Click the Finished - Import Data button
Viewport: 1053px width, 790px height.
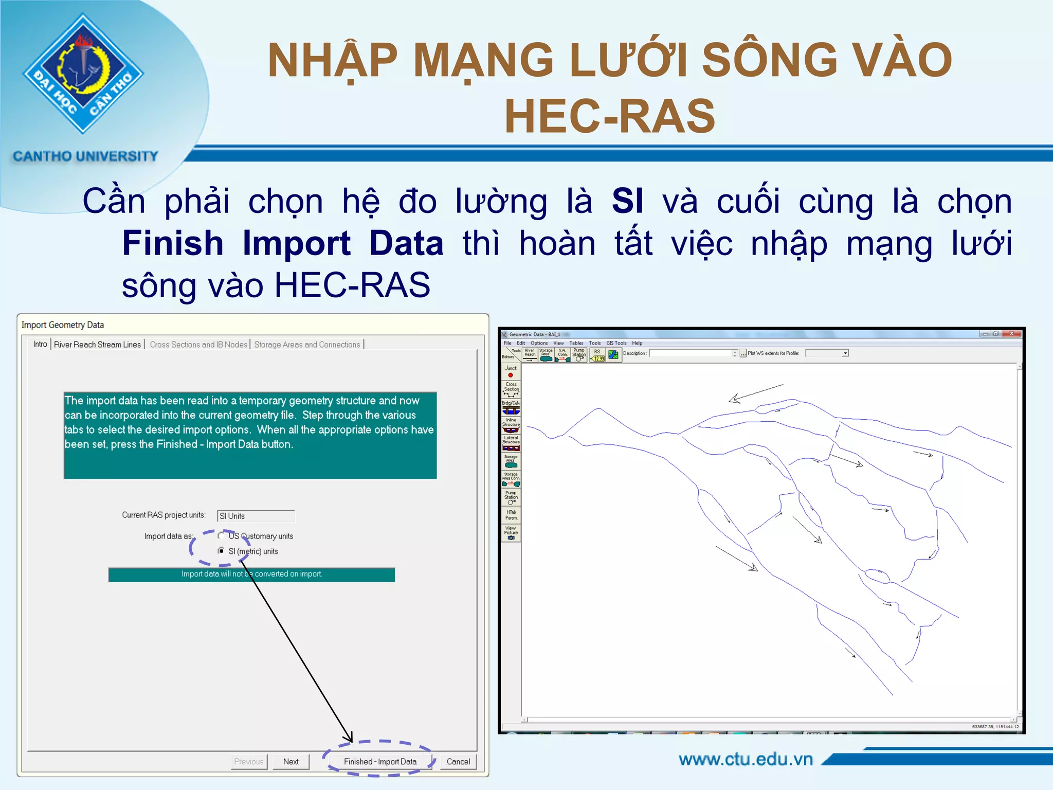(x=380, y=762)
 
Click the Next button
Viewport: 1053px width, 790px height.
(x=291, y=762)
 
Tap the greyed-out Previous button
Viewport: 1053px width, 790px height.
(x=249, y=762)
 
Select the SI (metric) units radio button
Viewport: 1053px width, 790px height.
(x=221, y=551)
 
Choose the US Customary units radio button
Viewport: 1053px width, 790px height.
(x=221, y=535)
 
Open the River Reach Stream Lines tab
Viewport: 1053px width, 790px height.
(x=97, y=345)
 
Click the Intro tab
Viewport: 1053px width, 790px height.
(x=40, y=344)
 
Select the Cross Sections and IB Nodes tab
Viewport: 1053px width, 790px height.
(x=198, y=345)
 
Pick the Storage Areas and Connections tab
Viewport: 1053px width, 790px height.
(x=307, y=345)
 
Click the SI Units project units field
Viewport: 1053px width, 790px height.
(x=256, y=516)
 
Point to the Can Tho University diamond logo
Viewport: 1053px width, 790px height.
(x=83, y=74)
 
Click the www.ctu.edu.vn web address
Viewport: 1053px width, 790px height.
(x=746, y=759)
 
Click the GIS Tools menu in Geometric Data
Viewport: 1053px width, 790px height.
(x=616, y=343)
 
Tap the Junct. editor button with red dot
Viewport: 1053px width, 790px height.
(x=511, y=371)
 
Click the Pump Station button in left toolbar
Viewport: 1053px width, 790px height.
(x=511, y=497)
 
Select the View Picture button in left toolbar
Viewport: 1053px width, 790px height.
(x=511, y=533)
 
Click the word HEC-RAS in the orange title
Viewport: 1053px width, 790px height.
(x=610, y=116)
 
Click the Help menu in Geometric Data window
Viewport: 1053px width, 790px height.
(x=637, y=343)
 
